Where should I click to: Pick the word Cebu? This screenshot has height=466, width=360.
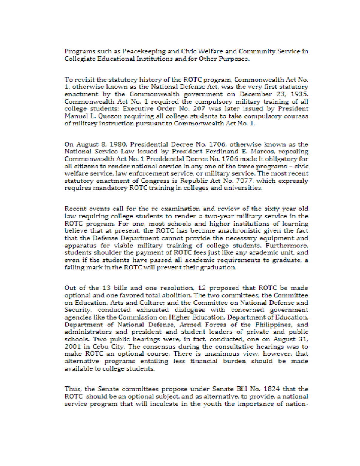[98, 347]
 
